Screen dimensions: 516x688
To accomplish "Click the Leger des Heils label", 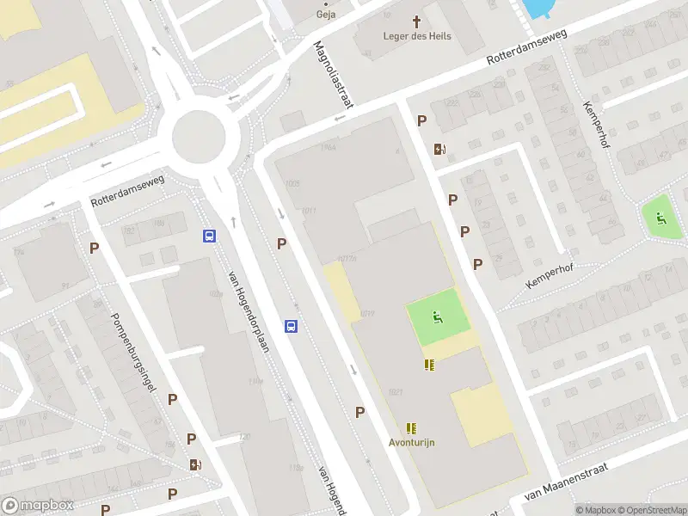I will tap(417, 35).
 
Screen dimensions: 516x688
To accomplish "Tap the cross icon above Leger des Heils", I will tap(417, 20).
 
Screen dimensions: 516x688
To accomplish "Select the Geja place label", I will tap(326, 14).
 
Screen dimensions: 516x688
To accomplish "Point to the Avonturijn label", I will tap(412, 442).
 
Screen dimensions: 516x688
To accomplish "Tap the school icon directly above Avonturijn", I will tap(412, 427).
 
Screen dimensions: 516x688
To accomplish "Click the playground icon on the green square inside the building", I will tap(437, 319).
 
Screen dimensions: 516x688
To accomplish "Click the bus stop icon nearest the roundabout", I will tap(209, 236).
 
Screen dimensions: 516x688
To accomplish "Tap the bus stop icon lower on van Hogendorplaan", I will tap(292, 326).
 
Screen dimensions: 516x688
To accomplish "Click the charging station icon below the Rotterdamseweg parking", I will tap(440, 149).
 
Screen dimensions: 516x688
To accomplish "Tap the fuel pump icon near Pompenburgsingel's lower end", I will tap(196, 464).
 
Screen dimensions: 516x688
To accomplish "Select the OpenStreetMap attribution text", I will tap(650, 510).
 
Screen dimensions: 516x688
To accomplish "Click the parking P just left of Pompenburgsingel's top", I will tap(94, 248).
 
